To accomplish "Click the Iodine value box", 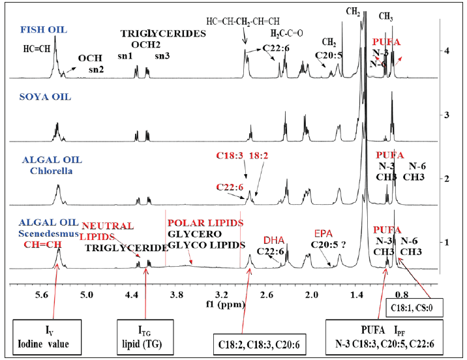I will [44, 334].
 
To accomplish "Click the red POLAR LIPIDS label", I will [205, 222].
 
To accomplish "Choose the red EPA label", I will [324, 233].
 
